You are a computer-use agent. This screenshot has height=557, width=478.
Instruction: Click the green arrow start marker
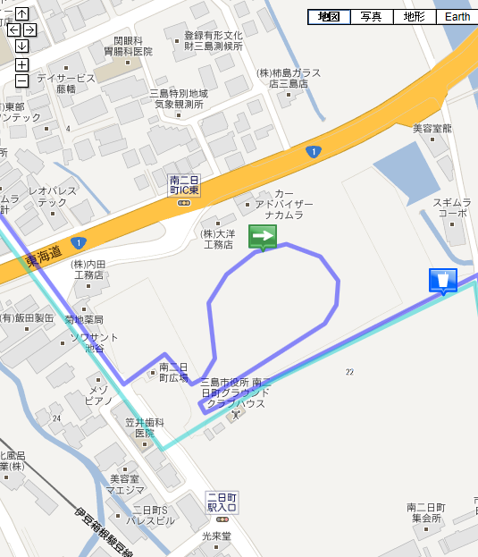coord(263,236)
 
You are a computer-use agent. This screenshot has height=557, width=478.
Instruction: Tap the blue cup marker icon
coord(443,280)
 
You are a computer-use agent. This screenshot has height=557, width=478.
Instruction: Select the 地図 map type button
coord(329,17)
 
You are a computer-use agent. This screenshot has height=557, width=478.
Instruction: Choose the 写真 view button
coord(372,17)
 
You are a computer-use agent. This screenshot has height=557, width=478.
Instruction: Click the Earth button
coord(457,17)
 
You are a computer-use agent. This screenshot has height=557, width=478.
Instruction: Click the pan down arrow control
coord(21,46)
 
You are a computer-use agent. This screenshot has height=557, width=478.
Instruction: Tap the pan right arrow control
coord(29,30)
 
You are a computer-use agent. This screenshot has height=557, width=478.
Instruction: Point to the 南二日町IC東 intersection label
coord(184,185)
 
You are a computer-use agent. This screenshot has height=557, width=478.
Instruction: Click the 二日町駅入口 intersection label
coord(221,501)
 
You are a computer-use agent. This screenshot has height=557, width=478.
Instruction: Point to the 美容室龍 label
coord(432,129)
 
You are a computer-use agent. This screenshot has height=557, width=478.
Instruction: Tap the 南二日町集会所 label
coord(425,512)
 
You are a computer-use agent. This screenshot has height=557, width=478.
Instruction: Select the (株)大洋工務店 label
coord(217,238)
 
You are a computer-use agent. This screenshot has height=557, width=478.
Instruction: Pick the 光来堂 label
coord(216,536)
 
